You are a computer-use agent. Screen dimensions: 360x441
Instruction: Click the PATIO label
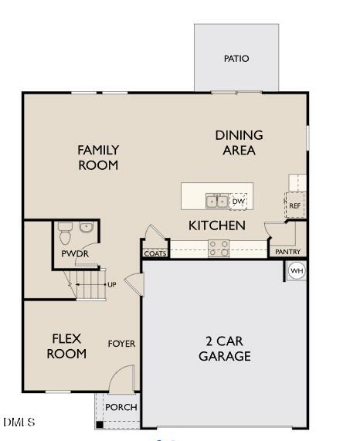tap(236, 59)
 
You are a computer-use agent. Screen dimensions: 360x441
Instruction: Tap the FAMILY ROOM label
tap(98, 158)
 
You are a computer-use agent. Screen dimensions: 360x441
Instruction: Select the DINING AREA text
tap(239, 143)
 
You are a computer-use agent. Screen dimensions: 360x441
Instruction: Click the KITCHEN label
tap(217, 226)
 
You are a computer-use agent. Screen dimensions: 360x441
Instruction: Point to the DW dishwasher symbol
tap(239, 202)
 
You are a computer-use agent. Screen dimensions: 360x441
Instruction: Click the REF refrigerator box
tap(295, 205)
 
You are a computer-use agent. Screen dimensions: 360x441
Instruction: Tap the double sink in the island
tap(217, 201)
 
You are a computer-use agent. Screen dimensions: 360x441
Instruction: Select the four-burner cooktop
tap(219, 249)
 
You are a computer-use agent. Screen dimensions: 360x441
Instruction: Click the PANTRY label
tap(287, 252)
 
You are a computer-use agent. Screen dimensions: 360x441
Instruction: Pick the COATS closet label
tap(155, 253)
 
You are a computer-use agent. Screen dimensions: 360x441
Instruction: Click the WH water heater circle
tap(297, 271)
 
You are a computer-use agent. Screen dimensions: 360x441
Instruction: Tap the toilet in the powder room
tap(65, 234)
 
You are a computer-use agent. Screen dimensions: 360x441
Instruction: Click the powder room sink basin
tap(86, 227)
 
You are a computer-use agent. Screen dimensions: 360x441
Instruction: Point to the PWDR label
tap(75, 254)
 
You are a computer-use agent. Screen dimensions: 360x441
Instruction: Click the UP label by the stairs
tap(112, 285)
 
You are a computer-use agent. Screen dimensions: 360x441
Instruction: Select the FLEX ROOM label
tap(66, 346)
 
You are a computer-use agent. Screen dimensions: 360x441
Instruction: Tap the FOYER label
tap(121, 344)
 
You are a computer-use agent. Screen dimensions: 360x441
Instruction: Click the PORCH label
tap(121, 407)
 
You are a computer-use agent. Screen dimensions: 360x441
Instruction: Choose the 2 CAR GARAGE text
tap(225, 349)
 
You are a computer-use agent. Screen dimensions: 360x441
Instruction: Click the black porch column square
tap(100, 425)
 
